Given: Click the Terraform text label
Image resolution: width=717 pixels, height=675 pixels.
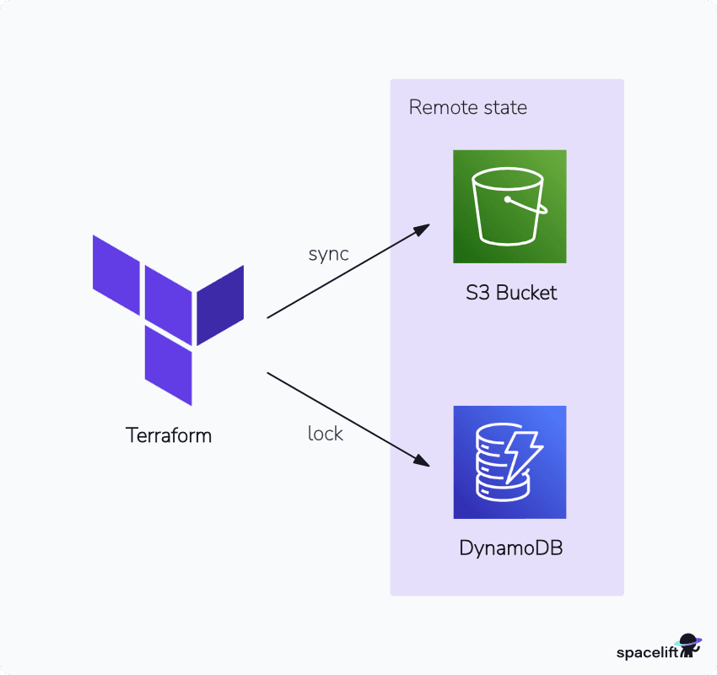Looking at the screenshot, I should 169,435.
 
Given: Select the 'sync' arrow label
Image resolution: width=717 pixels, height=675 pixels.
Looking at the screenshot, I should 329,254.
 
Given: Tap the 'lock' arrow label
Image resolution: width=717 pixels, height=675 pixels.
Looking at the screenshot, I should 326,434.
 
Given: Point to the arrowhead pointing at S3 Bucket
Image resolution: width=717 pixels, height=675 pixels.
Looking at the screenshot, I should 423,229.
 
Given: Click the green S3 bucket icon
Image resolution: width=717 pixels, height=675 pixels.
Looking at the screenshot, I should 509,207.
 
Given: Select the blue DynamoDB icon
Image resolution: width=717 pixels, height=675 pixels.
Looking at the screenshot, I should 509,462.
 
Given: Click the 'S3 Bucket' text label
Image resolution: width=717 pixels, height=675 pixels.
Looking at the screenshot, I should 511,294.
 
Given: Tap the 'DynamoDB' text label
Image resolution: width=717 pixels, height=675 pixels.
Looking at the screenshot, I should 510,548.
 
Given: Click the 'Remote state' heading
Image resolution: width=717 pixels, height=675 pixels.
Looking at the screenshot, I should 467,107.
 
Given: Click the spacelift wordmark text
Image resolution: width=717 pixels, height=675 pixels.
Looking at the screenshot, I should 646,652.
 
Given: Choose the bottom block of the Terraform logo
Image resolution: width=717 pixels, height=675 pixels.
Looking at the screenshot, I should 168,364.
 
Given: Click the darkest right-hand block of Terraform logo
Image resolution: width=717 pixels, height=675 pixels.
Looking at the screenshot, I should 220,305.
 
